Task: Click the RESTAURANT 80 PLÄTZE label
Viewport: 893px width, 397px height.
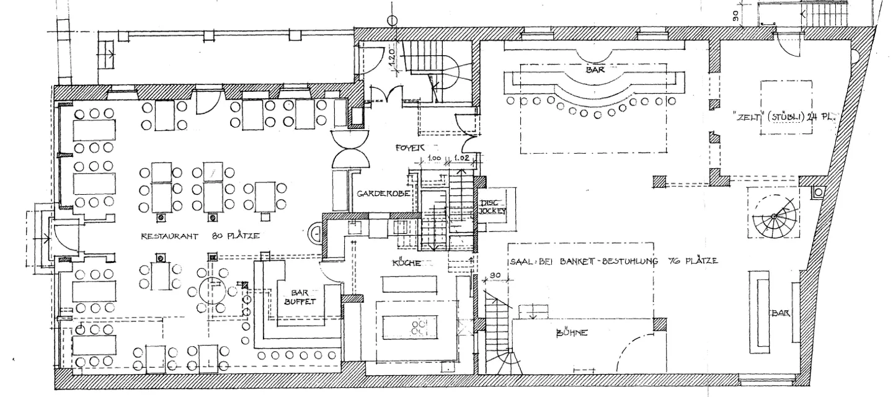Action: coord(199,236)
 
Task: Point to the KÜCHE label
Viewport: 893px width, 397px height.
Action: coord(406,264)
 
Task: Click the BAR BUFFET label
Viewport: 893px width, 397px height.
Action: coord(300,297)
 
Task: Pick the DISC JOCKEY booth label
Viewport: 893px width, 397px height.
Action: coord(493,207)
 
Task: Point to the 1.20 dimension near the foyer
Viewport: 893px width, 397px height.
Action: coord(391,60)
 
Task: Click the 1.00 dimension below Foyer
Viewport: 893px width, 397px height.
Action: coord(434,158)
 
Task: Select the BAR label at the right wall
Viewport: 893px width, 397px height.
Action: coord(780,314)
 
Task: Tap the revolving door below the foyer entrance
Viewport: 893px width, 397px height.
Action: coord(352,149)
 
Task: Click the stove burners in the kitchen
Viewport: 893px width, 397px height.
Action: coord(420,327)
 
